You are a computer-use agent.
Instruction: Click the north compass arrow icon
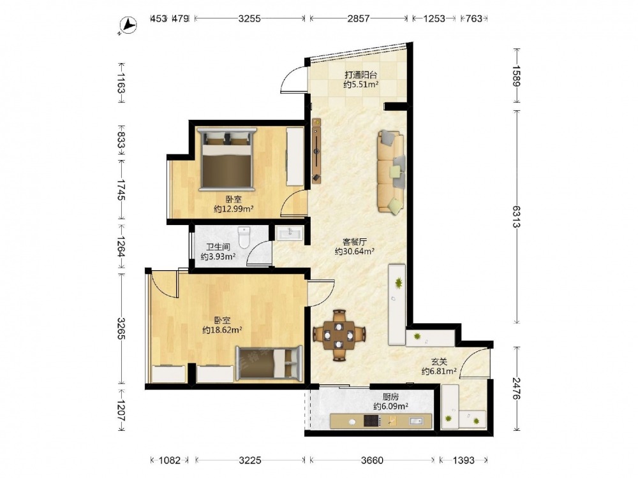pos(128,25)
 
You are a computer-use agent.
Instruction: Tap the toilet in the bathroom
pos(244,237)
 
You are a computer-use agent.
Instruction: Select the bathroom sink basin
pos(290,233)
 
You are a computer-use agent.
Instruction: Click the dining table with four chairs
pos(339,335)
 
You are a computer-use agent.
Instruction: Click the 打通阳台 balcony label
pos(361,75)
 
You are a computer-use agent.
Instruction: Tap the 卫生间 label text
pos(218,247)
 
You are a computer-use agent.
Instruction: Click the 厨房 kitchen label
pos(390,396)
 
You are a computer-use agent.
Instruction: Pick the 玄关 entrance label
pos(439,362)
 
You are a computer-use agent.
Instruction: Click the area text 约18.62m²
pos(222,330)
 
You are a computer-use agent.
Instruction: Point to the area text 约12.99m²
pos(234,209)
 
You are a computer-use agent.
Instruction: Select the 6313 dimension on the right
pos(516,217)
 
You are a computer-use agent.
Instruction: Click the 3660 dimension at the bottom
pos(372,460)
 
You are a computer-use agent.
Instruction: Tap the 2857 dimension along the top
pos(359,18)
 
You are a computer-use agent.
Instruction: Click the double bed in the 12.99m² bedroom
pos(226,159)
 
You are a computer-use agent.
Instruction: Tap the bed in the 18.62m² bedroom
pos(269,363)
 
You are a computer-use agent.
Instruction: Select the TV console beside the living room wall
pos(316,151)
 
